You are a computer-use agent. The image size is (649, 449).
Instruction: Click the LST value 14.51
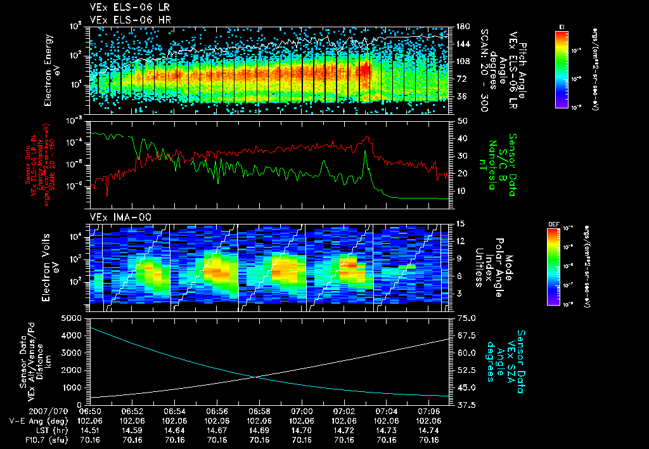pyautogui.click(x=90, y=430)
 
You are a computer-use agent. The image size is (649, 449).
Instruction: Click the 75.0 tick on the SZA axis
pyautogui.click(x=465, y=317)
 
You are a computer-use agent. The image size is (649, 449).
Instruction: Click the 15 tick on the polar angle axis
pyautogui.click(x=460, y=223)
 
